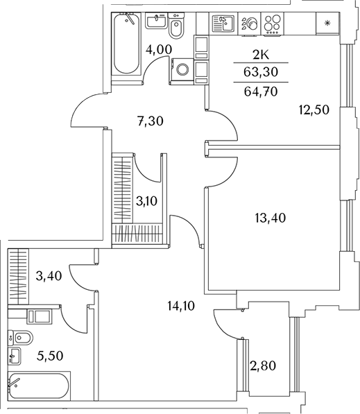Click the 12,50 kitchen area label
coord(314,110)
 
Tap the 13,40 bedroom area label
coord(271,218)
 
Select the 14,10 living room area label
coord(181,306)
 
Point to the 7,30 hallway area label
coord(150,121)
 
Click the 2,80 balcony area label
coord(262,366)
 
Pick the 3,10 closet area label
coord(146,201)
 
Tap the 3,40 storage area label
coord(49,276)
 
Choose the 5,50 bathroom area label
coord(50,356)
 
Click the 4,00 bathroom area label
coord(159,49)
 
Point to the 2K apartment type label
coord(261,55)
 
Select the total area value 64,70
coord(261,92)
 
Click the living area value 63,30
coord(261,72)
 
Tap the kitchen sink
coord(223,24)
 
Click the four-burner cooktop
coord(273,24)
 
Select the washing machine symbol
coord(182,69)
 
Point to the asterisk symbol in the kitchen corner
coord(327,24)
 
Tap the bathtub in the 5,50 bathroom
coord(40,386)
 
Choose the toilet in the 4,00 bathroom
coord(175,26)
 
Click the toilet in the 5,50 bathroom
coord(21,337)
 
